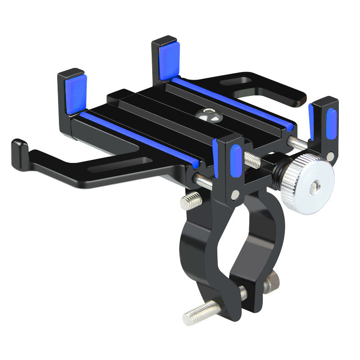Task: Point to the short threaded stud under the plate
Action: pos(191,200)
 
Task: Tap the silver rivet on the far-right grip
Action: pos(331,157)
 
